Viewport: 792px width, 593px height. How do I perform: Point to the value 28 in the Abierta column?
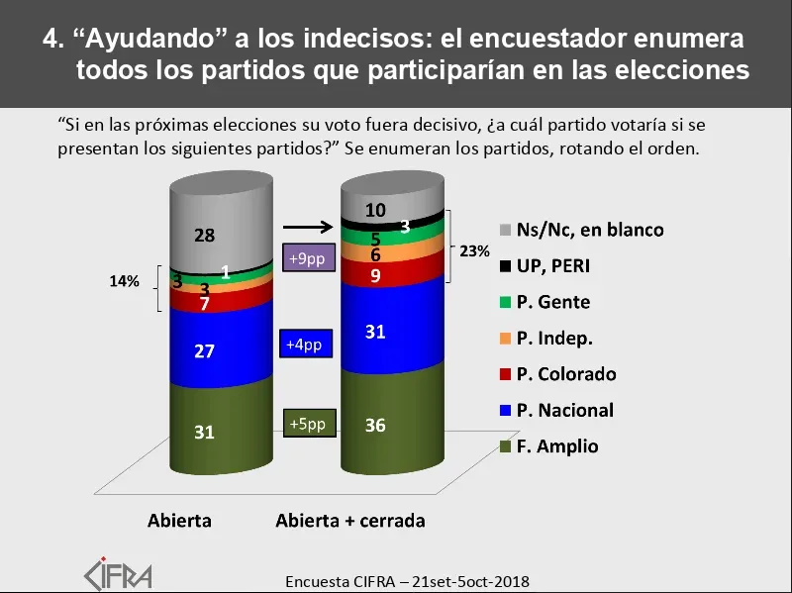point(205,236)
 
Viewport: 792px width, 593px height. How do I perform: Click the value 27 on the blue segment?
point(205,350)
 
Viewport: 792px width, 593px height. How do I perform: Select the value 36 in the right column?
point(375,427)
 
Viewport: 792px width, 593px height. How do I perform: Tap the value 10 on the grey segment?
point(375,210)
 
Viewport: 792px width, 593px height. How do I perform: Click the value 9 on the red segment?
point(375,277)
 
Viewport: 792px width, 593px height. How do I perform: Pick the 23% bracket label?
point(475,251)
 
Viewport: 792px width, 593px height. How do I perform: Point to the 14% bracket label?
point(124,282)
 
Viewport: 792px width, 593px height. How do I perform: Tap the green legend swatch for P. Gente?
point(506,302)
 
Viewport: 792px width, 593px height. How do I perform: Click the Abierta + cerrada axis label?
point(350,521)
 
